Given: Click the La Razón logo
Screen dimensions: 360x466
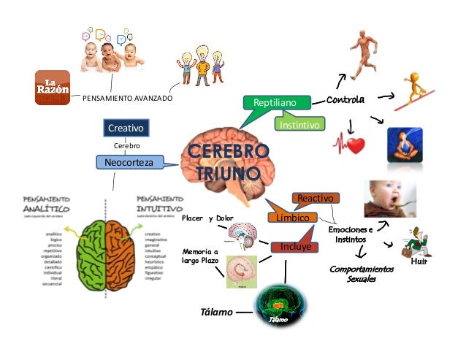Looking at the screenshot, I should pos(53,88).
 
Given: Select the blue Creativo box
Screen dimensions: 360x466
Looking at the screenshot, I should pos(126,129).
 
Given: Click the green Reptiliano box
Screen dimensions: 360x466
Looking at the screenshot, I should pos(275,104).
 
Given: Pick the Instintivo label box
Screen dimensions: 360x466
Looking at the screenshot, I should pos(299,126).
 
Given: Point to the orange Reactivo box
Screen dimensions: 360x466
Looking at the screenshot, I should pos(314,198).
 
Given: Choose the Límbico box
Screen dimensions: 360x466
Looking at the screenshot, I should pos(292,218).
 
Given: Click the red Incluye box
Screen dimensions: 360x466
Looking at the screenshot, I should pos(295,248).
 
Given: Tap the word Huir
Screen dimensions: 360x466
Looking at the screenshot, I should pos(419,261).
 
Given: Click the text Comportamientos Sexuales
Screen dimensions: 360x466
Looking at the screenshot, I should pos(362,275).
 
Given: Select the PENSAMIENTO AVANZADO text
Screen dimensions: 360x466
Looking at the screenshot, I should pos(127,99).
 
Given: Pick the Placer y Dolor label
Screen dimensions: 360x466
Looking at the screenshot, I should pos(207,218).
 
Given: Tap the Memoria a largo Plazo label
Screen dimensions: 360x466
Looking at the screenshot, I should pos(200,256).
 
